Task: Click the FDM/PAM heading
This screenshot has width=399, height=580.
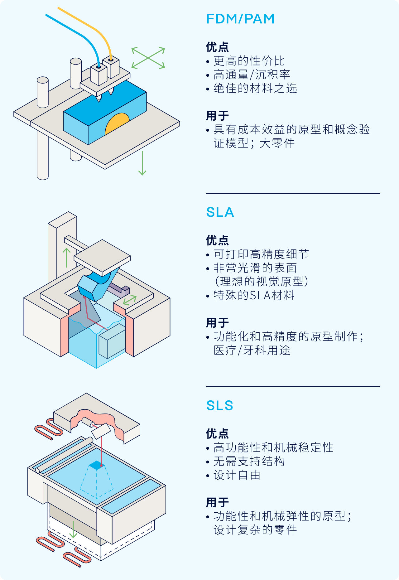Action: (x=240, y=19)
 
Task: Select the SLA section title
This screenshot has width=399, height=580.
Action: (x=220, y=212)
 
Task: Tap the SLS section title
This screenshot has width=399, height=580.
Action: (x=220, y=406)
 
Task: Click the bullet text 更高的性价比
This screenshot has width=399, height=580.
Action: (x=249, y=61)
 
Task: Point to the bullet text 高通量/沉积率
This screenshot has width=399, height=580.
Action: (x=252, y=75)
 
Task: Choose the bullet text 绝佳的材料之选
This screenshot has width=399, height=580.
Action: (x=255, y=88)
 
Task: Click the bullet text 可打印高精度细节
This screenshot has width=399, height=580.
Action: (x=261, y=254)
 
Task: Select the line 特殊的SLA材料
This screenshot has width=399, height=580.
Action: (x=254, y=295)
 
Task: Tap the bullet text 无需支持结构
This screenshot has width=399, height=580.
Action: (x=249, y=461)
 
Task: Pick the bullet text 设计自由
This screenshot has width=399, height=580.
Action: (x=237, y=475)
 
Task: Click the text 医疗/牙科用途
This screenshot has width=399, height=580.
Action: (x=252, y=350)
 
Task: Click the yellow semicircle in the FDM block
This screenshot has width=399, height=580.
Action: (x=117, y=123)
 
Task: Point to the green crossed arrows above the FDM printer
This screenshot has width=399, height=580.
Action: (x=148, y=58)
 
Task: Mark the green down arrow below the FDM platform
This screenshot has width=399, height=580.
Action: (x=142, y=163)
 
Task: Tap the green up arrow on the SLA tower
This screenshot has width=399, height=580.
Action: (x=66, y=258)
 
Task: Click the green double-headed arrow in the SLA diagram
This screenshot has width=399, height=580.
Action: (x=130, y=300)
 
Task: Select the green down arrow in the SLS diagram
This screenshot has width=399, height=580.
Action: (x=73, y=529)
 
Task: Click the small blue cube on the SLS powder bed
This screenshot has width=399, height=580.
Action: (x=97, y=465)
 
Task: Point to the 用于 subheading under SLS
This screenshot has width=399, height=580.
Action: (x=218, y=502)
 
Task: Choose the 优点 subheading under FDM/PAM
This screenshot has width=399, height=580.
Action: (x=218, y=47)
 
